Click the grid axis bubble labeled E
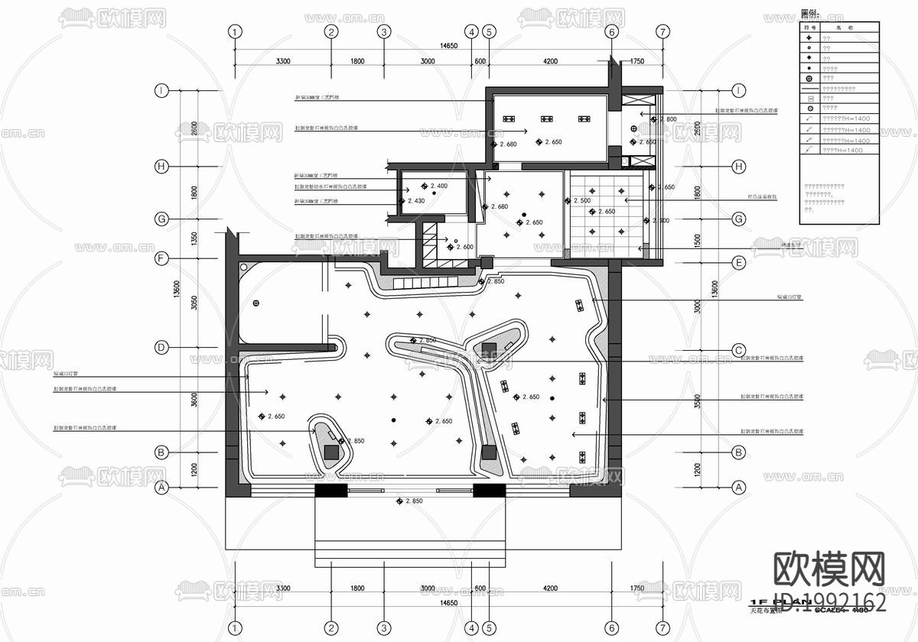point(739,264)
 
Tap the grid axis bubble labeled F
point(161,258)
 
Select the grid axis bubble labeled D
point(161,347)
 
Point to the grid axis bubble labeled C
point(739,351)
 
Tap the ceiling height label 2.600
point(464,247)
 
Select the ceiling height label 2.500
point(581,201)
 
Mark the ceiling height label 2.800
point(667,119)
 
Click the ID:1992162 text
point(831,602)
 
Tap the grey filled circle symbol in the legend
point(809,109)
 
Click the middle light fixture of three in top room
point(546,119)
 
